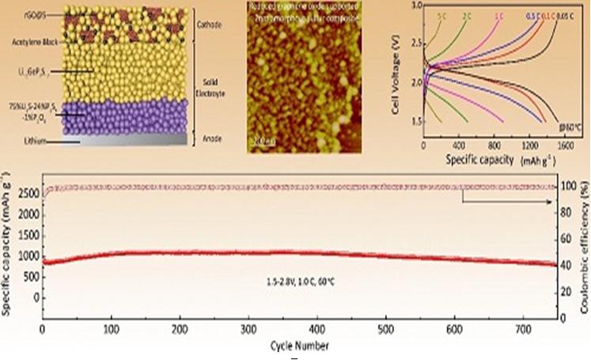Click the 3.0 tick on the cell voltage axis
pyautogui.click(x=415, y=6)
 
